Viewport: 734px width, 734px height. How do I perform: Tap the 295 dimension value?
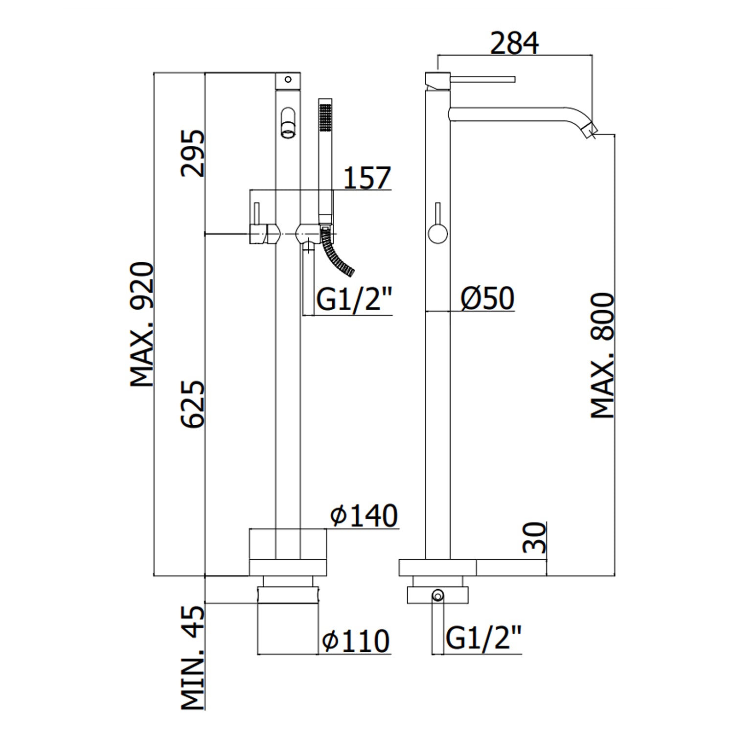[x=192, y=153]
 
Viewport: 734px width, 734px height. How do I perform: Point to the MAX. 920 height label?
[x=142, y=324]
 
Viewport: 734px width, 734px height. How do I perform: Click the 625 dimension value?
[x=192, y=404]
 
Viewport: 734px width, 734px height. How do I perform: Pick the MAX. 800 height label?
[x=602, y=355]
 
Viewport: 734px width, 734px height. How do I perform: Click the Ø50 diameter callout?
[x=487, y=298]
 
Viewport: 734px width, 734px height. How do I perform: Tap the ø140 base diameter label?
[x=364, y=515]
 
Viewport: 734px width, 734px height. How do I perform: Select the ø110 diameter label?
[x=356, y=641]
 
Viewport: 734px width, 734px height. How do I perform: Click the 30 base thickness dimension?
[x=535, y=537]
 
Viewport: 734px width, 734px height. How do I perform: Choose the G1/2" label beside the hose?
[x=355, y=299]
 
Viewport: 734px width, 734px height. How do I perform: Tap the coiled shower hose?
[x=339, y=254]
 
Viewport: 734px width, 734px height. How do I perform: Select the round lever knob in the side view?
[x=437, y=232]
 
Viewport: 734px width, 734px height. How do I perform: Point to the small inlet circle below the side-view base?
[x=437, y=596]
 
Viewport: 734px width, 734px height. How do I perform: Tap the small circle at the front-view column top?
[x=288, y=79]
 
